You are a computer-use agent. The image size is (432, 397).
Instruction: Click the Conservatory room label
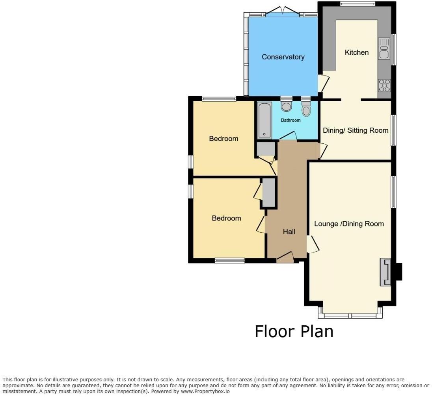[x=283, y=57]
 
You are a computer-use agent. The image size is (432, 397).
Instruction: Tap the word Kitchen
[x=356, y=52]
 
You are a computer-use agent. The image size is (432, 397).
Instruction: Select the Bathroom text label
[x=290, y=120]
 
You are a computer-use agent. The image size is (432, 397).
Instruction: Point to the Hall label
[x=289, y=232]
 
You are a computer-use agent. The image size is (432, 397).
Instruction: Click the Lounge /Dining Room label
[x=349, y=224]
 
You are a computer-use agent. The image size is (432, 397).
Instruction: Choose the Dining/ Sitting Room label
[x=356, y=130]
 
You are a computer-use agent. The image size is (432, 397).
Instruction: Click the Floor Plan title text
[x=294, y=331]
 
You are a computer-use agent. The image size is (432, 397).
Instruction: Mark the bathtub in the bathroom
[x=264, y=120]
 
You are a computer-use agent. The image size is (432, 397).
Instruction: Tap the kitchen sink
[x=384, y=48]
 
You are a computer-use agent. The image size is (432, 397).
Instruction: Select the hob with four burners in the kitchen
[x=384, y=85]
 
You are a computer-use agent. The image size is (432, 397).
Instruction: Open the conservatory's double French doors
[x=282, y=11]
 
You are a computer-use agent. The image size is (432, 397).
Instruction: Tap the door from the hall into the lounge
[x=313, y=244]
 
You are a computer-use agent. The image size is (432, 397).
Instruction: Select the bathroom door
[x=289, y=136]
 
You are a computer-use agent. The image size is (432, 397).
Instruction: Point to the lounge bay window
[x=350, y=315]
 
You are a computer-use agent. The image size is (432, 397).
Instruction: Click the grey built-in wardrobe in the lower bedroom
[x=268, y=193]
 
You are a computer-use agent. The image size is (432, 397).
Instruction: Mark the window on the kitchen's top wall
[x=358, y=4]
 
